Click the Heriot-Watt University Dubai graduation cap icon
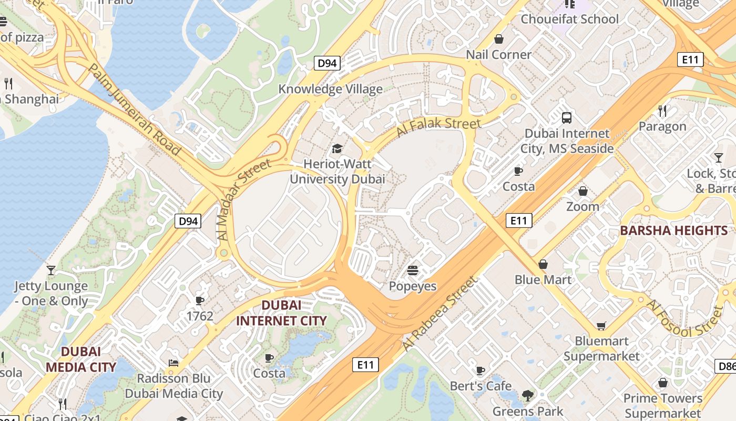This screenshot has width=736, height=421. pos(337,149)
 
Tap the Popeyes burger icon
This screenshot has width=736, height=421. pos(413,271)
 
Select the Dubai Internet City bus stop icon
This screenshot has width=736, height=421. pos(567,118)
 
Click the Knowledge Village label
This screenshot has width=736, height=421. pos(330,89)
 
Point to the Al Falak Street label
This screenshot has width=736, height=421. pos(438,127)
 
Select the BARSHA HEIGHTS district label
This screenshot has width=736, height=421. pos(673,230)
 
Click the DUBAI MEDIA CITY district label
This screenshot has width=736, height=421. pos(80,359)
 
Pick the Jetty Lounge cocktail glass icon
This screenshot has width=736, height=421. pos(51,270)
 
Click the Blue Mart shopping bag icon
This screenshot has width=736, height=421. pos(543,264)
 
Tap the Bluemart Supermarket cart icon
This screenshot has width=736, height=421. pos(601,326)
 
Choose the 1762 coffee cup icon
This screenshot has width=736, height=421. pos(200,300)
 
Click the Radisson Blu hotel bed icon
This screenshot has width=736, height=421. pos(173,363)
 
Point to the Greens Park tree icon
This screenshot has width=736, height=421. pos(527,396)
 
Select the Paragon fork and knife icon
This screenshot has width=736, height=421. pos(662,111)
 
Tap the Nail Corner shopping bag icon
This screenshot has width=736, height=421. pos(499,39)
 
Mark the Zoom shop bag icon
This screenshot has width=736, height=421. pos(582,191)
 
